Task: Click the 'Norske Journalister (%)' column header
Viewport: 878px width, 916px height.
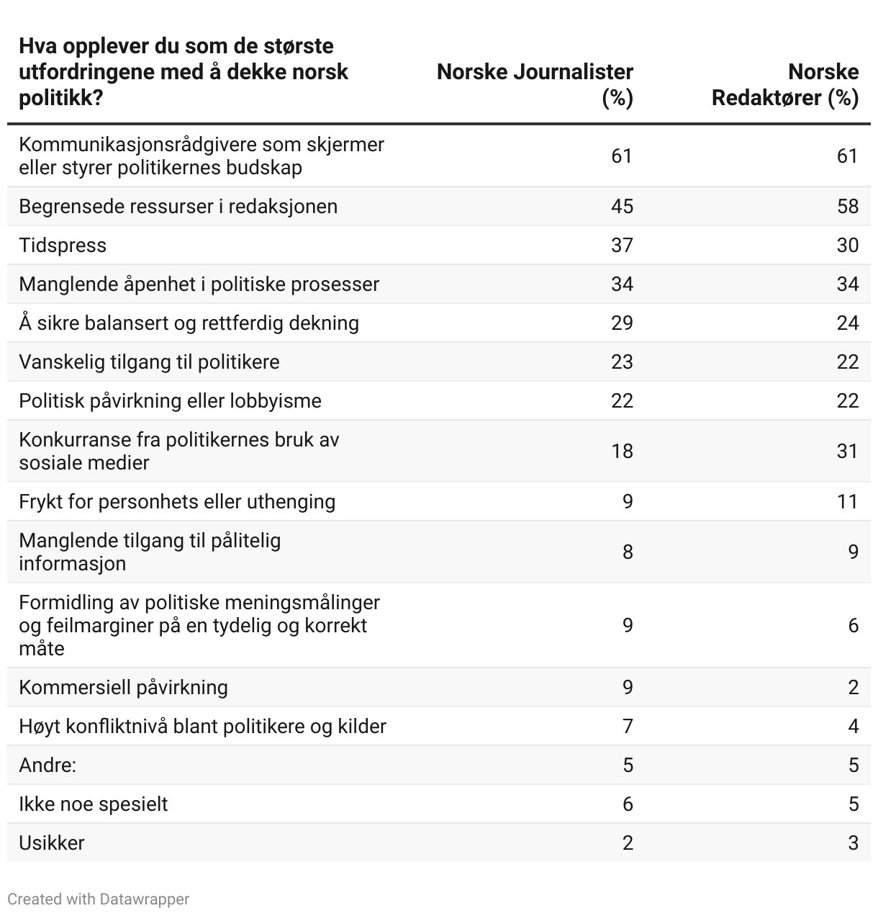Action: [x=535, y=84]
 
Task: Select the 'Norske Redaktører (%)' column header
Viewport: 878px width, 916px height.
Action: [x=785, y=84]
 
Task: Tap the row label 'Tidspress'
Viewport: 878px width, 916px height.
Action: [x=63, y=246]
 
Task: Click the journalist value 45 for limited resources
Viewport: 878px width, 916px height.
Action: [x=622, y=207]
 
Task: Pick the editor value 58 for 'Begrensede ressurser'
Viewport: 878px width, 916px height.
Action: [x=847, y=207]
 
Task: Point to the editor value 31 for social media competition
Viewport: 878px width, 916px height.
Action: [x=847, y=452]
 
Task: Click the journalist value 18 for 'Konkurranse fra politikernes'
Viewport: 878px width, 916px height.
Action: [x=622, y=452]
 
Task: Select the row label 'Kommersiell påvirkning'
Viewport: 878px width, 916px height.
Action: [x=123, y=688]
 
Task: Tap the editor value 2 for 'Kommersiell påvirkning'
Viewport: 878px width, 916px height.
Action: [x=853, y=688]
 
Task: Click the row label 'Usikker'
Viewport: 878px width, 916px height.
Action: [x=52, y=843]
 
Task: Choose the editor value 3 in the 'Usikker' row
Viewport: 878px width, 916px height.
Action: [x=853, y=843]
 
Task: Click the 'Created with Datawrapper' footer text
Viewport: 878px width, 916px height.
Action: [x=99, y=899]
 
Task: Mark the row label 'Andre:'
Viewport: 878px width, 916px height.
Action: [x=47, y=765]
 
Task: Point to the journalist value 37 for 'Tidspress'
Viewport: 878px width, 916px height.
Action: [x=622, y=246]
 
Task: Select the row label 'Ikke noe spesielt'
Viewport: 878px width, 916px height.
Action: [x=94, y=804]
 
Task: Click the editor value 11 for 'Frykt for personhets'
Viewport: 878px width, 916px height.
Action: [x=847, y=502]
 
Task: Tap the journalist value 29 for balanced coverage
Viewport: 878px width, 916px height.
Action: [x=622, y=323]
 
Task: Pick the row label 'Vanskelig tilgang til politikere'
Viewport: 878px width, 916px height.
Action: [x=149, y=362]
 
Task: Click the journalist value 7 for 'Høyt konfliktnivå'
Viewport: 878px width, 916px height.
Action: [x=628, y=727]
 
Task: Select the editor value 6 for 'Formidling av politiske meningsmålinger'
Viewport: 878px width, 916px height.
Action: [x=853, y=626]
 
